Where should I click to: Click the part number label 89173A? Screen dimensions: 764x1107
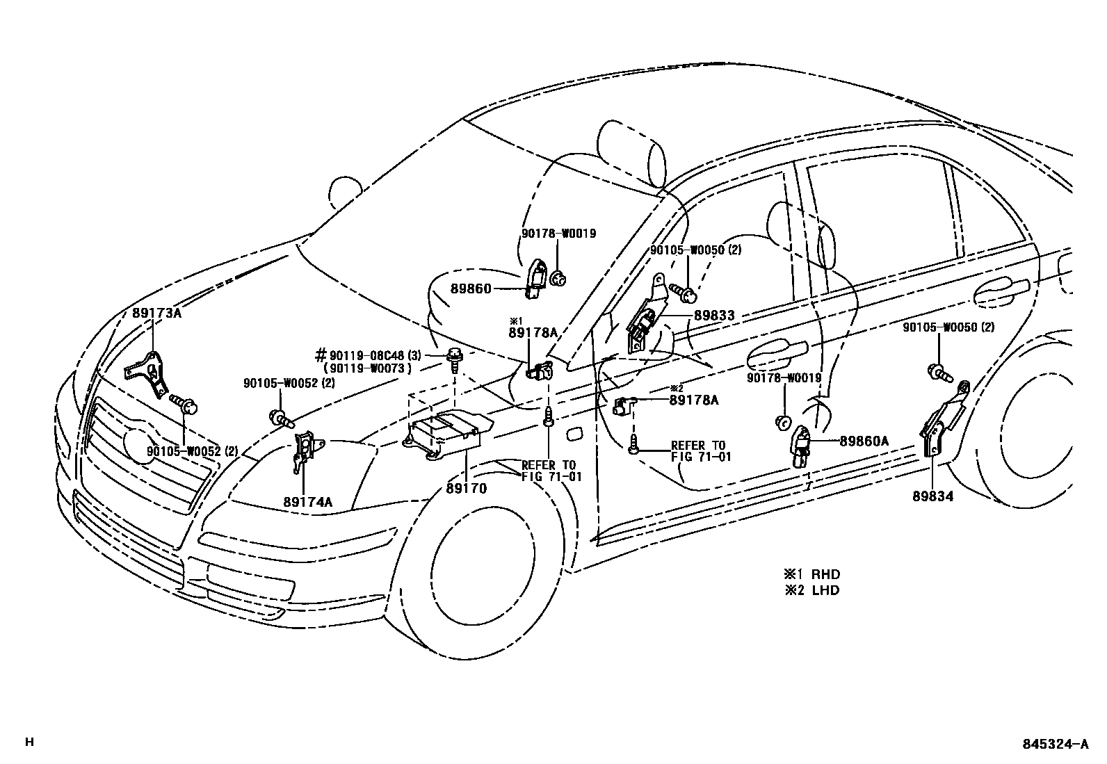156,313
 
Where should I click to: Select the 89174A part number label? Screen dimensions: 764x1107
307,501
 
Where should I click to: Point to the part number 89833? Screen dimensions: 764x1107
713,316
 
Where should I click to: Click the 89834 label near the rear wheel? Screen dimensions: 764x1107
933,496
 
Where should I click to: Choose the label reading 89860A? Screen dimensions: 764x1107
864,441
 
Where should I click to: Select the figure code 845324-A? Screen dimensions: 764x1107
1055,744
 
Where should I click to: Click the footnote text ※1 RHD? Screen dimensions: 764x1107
812,574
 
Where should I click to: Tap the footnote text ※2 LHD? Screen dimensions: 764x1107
812,590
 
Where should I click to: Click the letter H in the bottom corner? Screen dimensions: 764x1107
29,742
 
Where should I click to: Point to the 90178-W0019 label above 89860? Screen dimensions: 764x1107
558,234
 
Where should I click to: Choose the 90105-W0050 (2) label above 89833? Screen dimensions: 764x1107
695,250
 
